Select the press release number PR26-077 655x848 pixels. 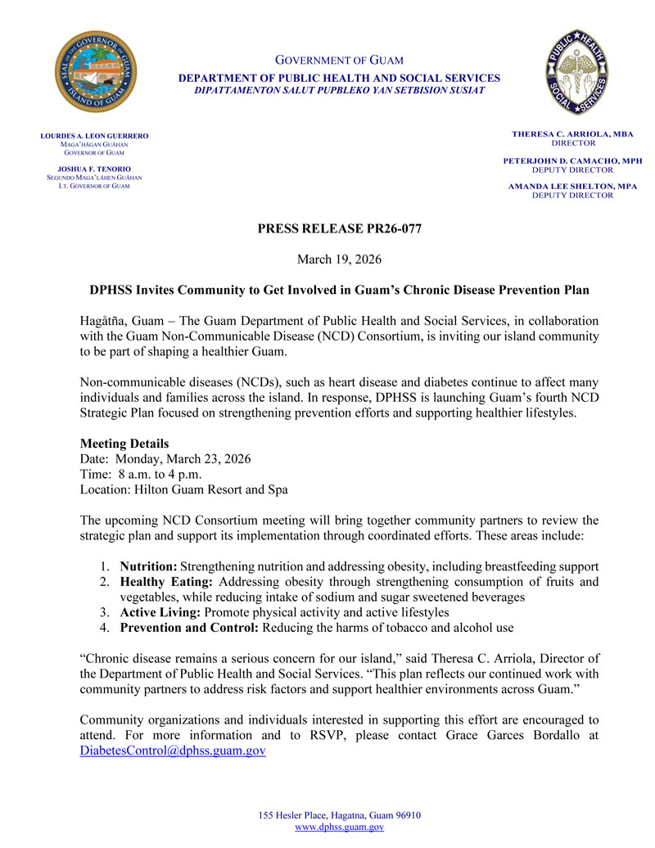coord(340,229)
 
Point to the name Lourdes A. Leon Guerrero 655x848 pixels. coord(95,135)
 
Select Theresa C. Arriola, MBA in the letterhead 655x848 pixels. coord(572,133)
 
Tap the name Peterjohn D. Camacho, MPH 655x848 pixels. coord(572,160)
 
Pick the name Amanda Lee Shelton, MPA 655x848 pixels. coord(572,187)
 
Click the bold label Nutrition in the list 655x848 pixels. coord(148,566)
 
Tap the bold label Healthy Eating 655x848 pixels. coord(166,582)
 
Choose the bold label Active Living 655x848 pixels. coord(160,613)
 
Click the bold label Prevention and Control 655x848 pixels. coord(189,629)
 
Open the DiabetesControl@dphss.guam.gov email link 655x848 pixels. coord(173,751)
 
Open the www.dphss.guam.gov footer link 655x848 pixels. coord(339,828)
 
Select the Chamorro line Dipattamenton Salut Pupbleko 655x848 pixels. coord(339,90)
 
